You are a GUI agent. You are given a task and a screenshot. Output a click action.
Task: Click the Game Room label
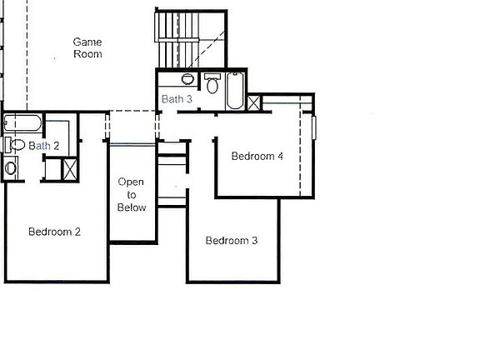tap(87, 47)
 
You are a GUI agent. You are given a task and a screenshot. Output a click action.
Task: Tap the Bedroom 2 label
tap(54, 232)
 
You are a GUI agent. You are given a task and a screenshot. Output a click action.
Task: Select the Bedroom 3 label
tap(232, 240)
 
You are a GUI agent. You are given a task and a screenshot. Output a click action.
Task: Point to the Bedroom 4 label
tap(257, 156)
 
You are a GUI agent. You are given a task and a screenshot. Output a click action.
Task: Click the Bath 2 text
tap(44, 146)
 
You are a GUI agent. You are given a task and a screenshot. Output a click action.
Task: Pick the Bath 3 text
tap(177, 99)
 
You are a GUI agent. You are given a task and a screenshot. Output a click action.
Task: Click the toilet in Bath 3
tap(212, 83)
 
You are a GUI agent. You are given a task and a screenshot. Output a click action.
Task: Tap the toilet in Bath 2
tap(15, 144)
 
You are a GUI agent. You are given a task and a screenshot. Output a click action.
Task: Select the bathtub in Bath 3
tap(235, 91)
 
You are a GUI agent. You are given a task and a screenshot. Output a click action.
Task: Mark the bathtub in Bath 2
tap(22, 123)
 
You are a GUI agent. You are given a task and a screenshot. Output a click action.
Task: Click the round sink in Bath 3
tap(187, 79)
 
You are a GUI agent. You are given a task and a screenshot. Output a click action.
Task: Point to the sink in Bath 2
tap(11, 168)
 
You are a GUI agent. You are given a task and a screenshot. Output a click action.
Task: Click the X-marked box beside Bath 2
tap(70, 169)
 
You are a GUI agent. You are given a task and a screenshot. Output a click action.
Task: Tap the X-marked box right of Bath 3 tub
tap(253, 102)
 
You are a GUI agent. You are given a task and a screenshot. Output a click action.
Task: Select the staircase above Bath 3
tap(191, 39)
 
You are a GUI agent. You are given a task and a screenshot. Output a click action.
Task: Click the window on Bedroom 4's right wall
tap(314, 127)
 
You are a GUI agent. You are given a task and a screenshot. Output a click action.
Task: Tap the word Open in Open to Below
tap(131, 182)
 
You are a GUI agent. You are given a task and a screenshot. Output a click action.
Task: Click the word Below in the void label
tap(132, 207)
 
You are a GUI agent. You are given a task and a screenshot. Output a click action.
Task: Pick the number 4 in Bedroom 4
tap(280, 156)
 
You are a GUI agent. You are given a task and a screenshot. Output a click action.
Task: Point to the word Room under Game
tap(87, 54)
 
